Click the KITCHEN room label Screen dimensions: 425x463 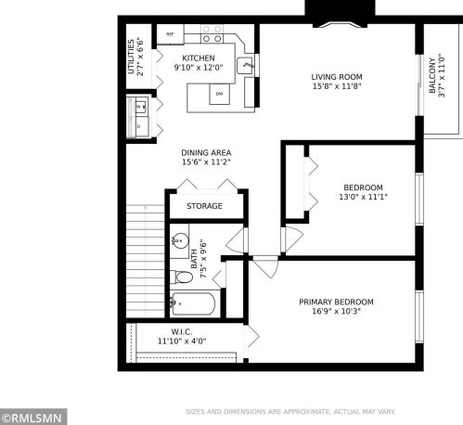click(x=198, y=58)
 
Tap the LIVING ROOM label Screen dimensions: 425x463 click(x=336, y=76)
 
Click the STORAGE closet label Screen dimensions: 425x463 click(x=204, y=206)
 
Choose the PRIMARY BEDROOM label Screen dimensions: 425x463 click(x=336, y=302)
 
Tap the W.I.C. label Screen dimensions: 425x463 click(x=181, y=330)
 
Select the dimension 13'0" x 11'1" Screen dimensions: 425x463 click(x=337, y=197)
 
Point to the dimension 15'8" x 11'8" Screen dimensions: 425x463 click(x=336, y=87)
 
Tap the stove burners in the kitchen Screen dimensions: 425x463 click(x=212, y=34)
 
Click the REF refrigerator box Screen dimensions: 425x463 click(x=170, y=34)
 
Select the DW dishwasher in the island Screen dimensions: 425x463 click(x=218, y=94)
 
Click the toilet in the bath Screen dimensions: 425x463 click(x=182, y=277)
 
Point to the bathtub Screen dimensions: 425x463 click(x=195, y=303)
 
